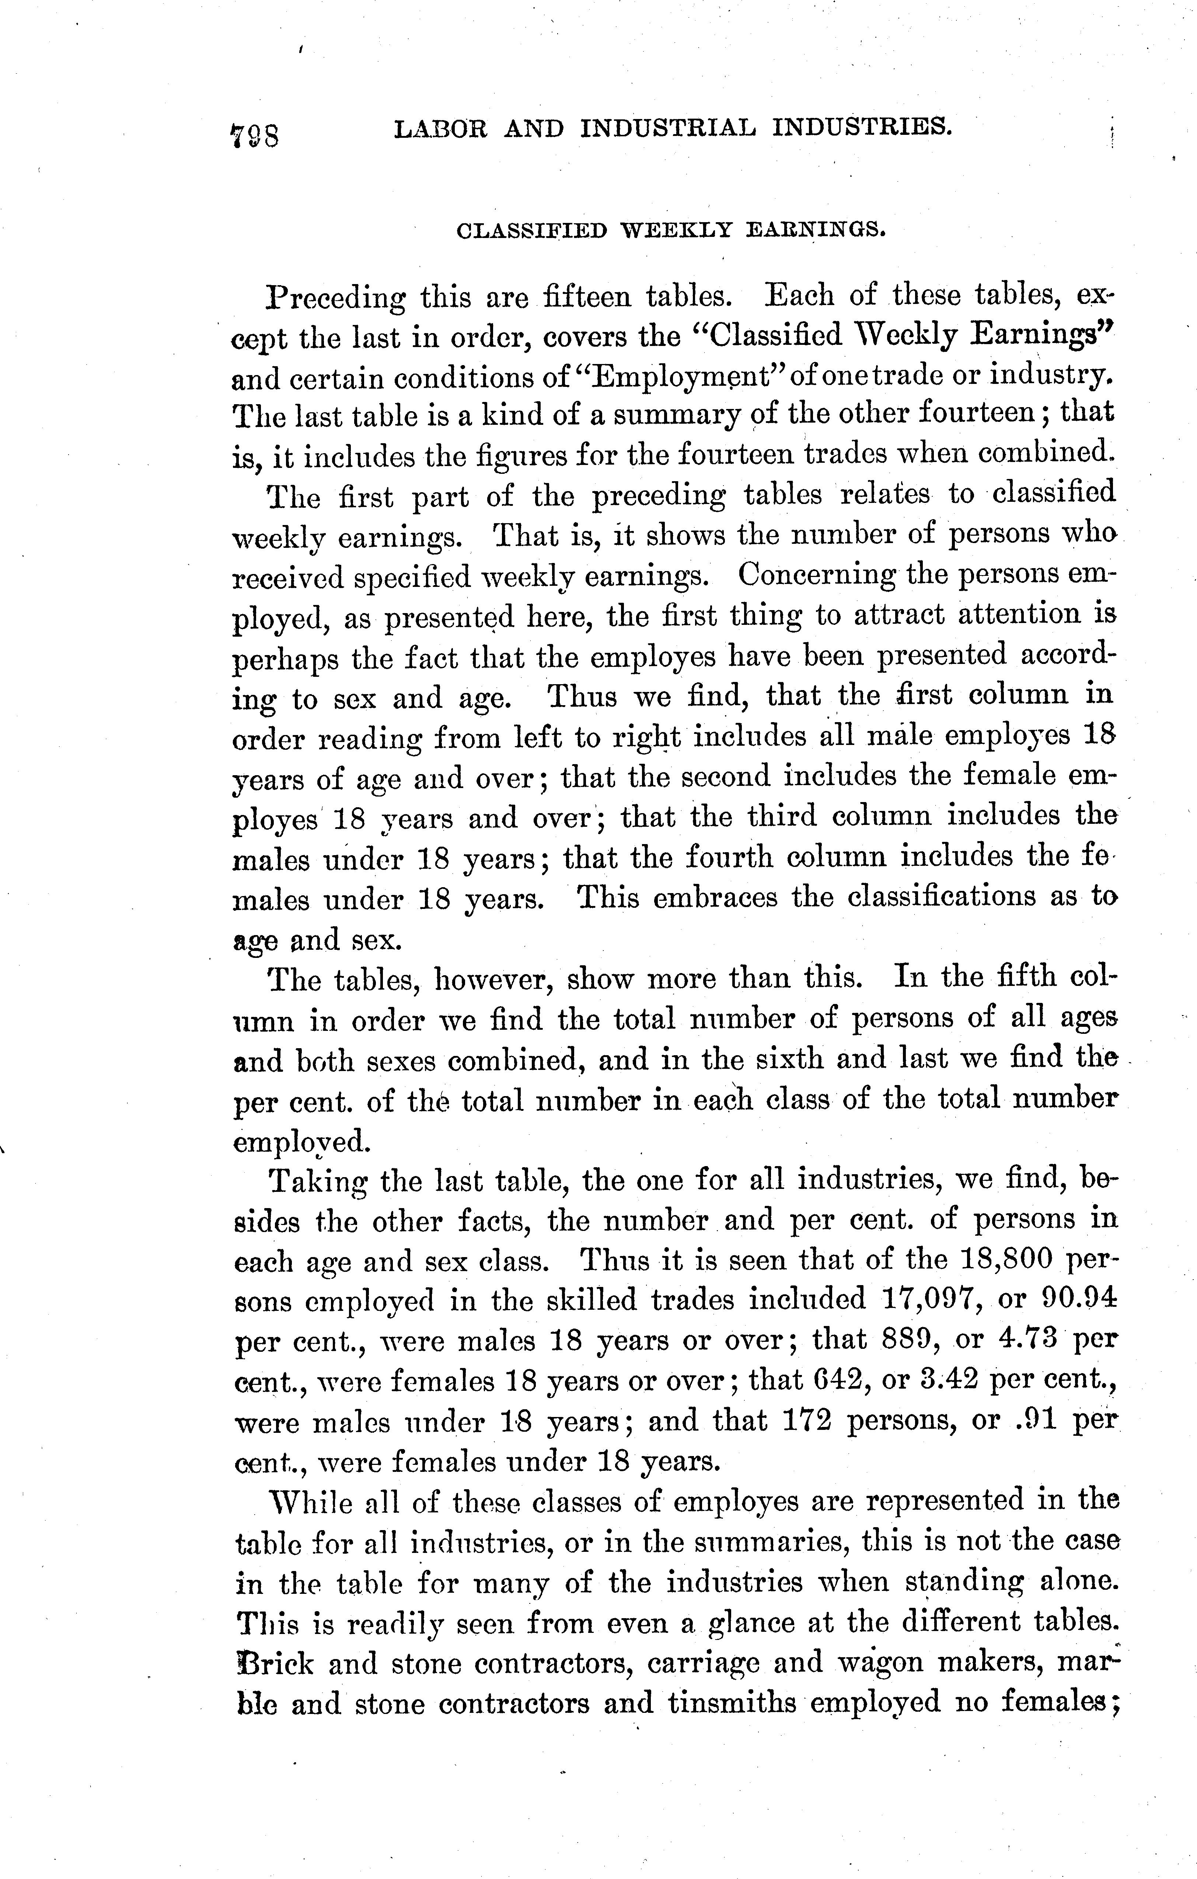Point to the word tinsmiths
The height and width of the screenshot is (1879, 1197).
[730, 1703]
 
